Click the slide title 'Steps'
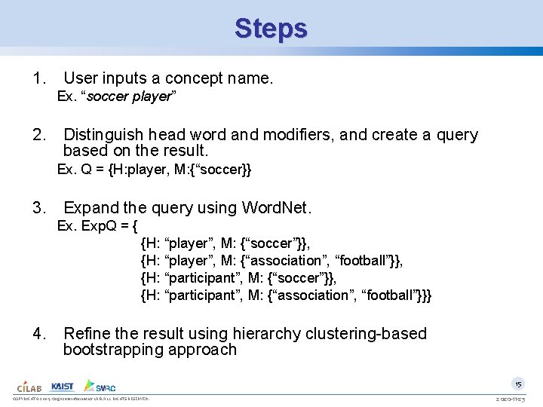click(x=271, y=29)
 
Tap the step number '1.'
click(x=40, y=78)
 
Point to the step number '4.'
click(x=40, y=334)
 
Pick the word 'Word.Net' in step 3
click(x=275, y=207)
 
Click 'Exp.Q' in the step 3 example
click(x=98, y=225)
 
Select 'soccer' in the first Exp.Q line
click(x=272, y=243)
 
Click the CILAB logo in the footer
click(x=30, y=386)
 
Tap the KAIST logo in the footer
click(x=63, y=386)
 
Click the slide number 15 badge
click(x=518, y=383)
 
